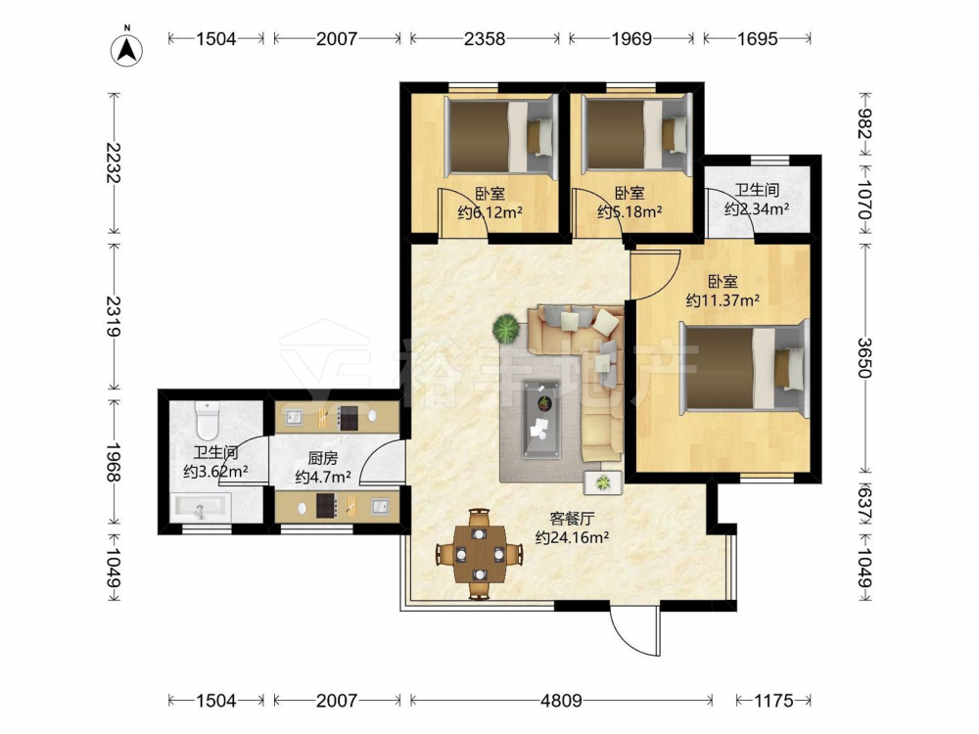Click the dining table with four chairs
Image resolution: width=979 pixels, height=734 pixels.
[479, 554]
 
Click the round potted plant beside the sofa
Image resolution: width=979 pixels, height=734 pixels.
[506, 328]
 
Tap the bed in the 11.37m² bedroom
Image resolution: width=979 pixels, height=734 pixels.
[744, 368]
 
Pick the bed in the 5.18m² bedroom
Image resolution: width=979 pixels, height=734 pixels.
[637, 134]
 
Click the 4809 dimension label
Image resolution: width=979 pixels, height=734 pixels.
[561, 701]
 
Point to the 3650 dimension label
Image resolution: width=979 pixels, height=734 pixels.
[864, 357]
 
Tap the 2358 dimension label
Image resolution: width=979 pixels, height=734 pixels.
[485, 39]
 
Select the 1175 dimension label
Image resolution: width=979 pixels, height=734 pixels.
[773, 701]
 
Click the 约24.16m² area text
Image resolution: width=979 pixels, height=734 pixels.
[572, 536]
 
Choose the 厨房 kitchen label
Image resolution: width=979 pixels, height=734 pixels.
[323, 459]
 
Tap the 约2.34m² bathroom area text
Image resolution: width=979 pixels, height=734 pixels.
[756, 208]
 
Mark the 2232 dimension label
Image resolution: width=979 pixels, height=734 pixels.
[114, 162]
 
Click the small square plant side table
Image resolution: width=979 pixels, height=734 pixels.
[603, 482]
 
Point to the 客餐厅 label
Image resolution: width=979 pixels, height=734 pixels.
[572, 518]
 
